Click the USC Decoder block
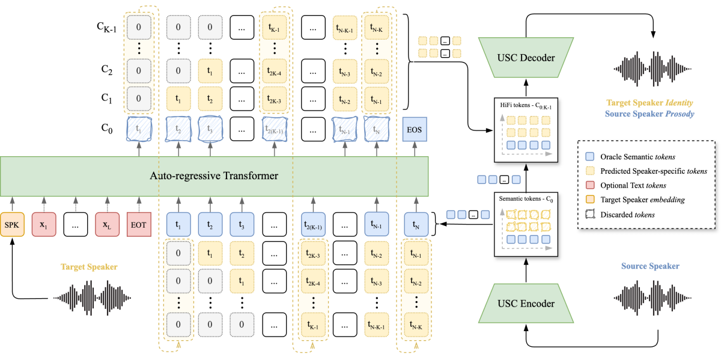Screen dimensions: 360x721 coord(526,58)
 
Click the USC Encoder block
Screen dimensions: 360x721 coord(526,304)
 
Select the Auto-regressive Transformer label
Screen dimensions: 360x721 coord(214,177)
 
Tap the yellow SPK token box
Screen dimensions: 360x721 coord(12,225)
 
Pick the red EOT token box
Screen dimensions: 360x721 coord(139,225)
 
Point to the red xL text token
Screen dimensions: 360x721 coord(107,225)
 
